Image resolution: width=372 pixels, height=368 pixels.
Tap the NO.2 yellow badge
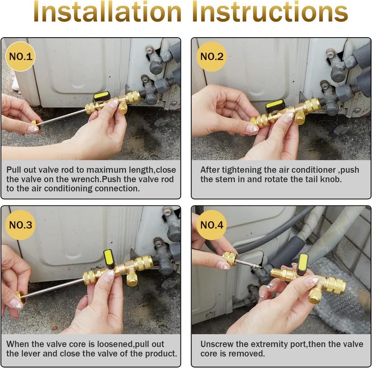[x=212, y=57]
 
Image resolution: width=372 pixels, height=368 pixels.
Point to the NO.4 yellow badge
[x=212, y=226]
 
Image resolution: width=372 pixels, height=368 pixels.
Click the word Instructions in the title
[x=270, y=13]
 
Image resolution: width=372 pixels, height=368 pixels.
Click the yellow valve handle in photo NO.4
[x=303, y=263]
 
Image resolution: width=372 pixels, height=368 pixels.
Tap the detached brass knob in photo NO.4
[x=229, y=258]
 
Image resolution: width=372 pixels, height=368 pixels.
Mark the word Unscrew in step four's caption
[x=215, y=344]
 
